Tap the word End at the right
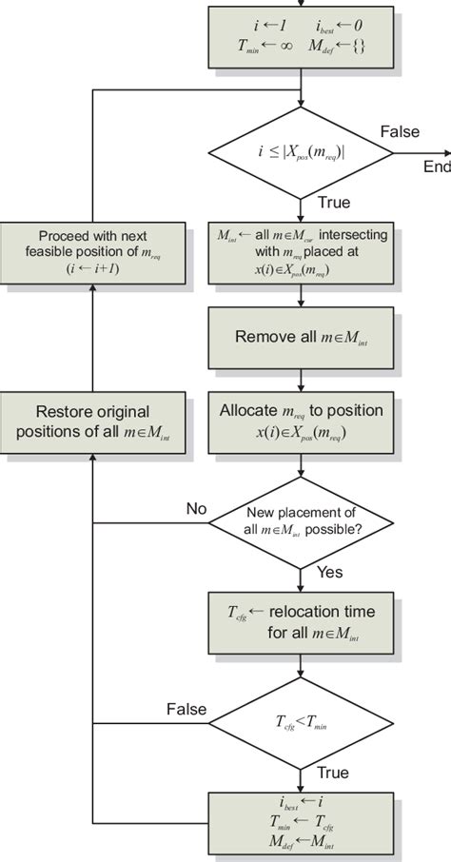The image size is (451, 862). pos(437,167)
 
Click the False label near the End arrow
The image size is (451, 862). pos(399,130)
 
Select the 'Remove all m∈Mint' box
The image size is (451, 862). pos(301,337)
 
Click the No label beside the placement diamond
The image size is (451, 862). pos(196,509)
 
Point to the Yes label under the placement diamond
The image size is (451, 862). pos(327,574)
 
